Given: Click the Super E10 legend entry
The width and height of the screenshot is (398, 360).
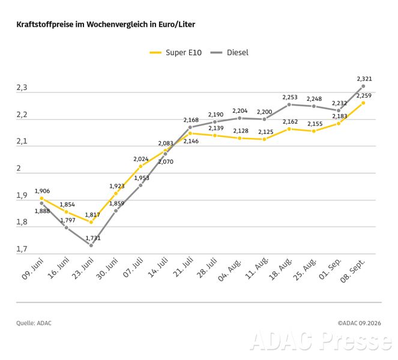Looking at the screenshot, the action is (176, 53).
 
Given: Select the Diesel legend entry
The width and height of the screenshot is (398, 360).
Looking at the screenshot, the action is (229, 53).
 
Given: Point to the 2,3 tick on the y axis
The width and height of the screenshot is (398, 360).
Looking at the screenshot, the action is (22, 88).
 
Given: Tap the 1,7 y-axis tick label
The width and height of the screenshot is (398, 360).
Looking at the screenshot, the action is (22, 249).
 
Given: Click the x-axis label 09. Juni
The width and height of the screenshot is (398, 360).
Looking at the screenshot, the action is (32, 269).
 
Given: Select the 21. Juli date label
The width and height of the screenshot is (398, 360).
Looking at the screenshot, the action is (183, 267).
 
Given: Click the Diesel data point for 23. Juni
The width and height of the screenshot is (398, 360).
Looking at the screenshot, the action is (91, 245).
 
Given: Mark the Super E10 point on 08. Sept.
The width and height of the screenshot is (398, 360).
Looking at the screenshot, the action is (363, 103).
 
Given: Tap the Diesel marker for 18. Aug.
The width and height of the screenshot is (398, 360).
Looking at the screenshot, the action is (289, 104).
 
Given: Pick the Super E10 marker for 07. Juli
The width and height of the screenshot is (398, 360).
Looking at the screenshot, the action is (140, 166).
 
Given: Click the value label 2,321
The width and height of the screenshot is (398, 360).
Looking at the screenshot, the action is (364, 79).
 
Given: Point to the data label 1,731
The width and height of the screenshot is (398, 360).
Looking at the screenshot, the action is (93, 238).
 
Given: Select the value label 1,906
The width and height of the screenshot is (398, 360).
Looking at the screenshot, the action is (42, 191).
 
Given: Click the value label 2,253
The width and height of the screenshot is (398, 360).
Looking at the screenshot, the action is (290, 97).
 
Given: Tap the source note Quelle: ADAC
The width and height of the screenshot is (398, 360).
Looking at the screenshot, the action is (34, 323).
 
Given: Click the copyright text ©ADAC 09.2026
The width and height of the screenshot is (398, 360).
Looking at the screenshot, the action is (359, 323).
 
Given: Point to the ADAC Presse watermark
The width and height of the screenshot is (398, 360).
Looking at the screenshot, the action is (321, 340).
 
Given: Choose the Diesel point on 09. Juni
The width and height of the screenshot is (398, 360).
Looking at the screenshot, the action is (41, 203).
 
